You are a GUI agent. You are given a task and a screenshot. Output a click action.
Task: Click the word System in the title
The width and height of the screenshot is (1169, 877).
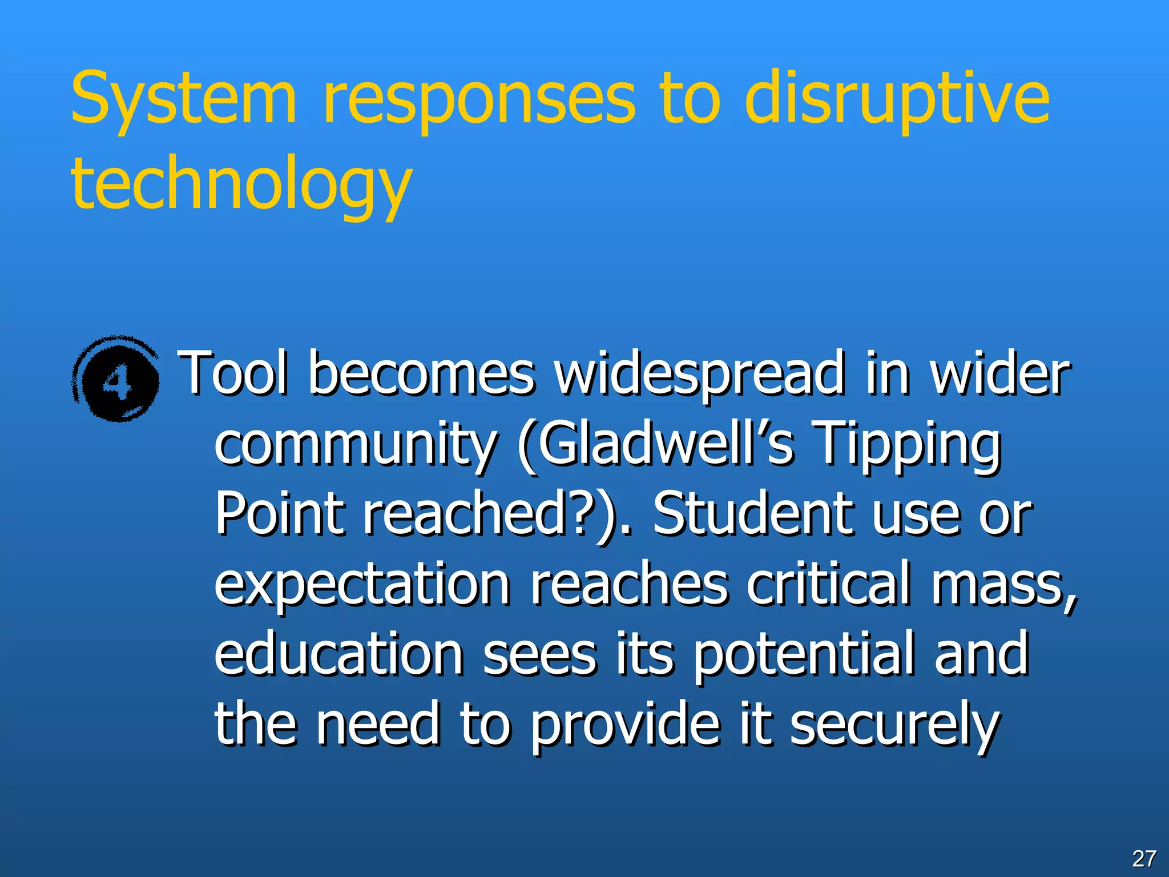[x=184, y=97]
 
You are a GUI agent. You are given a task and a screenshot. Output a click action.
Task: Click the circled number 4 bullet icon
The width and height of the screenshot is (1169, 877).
[x=117, y=380]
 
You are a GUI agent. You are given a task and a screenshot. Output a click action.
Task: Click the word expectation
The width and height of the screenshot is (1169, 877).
[x=362, y=585]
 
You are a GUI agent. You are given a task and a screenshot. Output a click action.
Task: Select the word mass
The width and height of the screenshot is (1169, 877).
[x=1003, y=585]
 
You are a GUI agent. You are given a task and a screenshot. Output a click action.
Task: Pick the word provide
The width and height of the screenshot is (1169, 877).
[x=624, y=725]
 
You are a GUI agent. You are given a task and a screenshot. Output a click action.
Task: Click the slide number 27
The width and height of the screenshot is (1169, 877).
[x=1144, y=858]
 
